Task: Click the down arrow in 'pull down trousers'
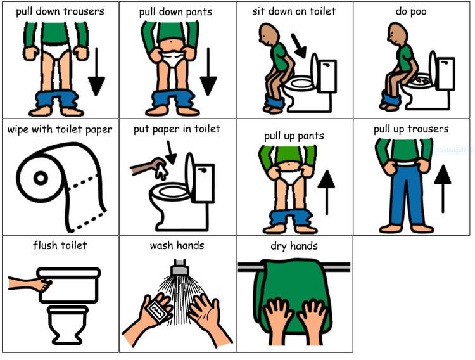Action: [x=97, y=72]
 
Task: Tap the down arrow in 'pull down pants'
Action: [x=208, y=72]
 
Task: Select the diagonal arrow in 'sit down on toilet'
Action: [x=299, y=46]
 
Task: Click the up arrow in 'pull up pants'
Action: [x=326, y=193]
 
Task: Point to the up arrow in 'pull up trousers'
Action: [x=443, y=189]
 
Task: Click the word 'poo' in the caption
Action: [x=419, y=12]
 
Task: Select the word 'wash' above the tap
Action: [x=161, y=245]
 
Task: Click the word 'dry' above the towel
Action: [x=279, y=247]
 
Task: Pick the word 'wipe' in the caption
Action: [x=18, y=130]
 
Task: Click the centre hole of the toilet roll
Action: [x=41, y=178]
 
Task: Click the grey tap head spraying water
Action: [x=180, y=267]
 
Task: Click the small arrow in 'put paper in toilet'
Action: [x=171, y=153]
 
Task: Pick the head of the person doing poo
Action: [x=396, y=33]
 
